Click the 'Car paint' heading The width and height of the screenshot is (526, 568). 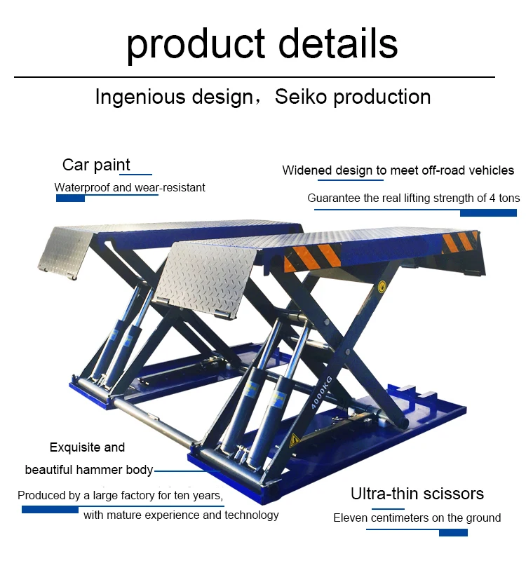point(96,165)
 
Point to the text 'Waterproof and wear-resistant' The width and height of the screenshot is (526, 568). point(130,188)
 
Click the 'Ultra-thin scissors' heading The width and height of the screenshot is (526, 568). point(417,494)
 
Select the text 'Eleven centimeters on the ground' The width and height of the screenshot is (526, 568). point(417,518)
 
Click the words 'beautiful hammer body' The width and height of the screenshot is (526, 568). point(88,470)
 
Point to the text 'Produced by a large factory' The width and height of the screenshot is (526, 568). point(86,496)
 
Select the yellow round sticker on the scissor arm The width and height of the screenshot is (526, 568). point(382,285)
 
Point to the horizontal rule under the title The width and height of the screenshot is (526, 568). point(254,76)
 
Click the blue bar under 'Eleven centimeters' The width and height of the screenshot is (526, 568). point(453,533)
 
